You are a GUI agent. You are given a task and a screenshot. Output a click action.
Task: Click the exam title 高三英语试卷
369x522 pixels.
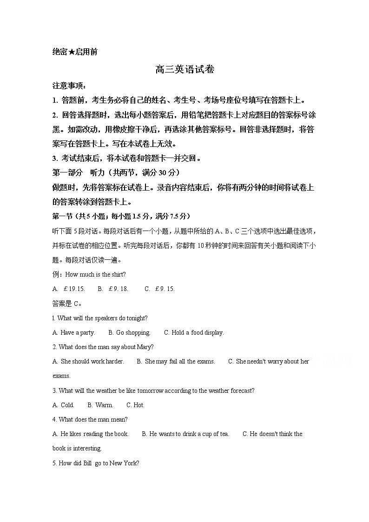click(184, 70)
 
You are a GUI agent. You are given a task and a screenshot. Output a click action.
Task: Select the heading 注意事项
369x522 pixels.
click(68, 86)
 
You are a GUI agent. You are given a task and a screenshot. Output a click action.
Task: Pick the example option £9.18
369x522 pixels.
click(118, 289)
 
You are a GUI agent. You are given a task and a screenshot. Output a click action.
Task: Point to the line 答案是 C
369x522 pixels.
click(67, 304)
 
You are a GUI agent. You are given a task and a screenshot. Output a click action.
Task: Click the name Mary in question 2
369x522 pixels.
click(145, 347)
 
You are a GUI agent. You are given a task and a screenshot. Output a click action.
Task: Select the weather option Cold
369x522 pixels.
click(67, 405)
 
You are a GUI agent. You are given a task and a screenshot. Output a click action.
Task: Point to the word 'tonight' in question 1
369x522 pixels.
click(138, 318)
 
